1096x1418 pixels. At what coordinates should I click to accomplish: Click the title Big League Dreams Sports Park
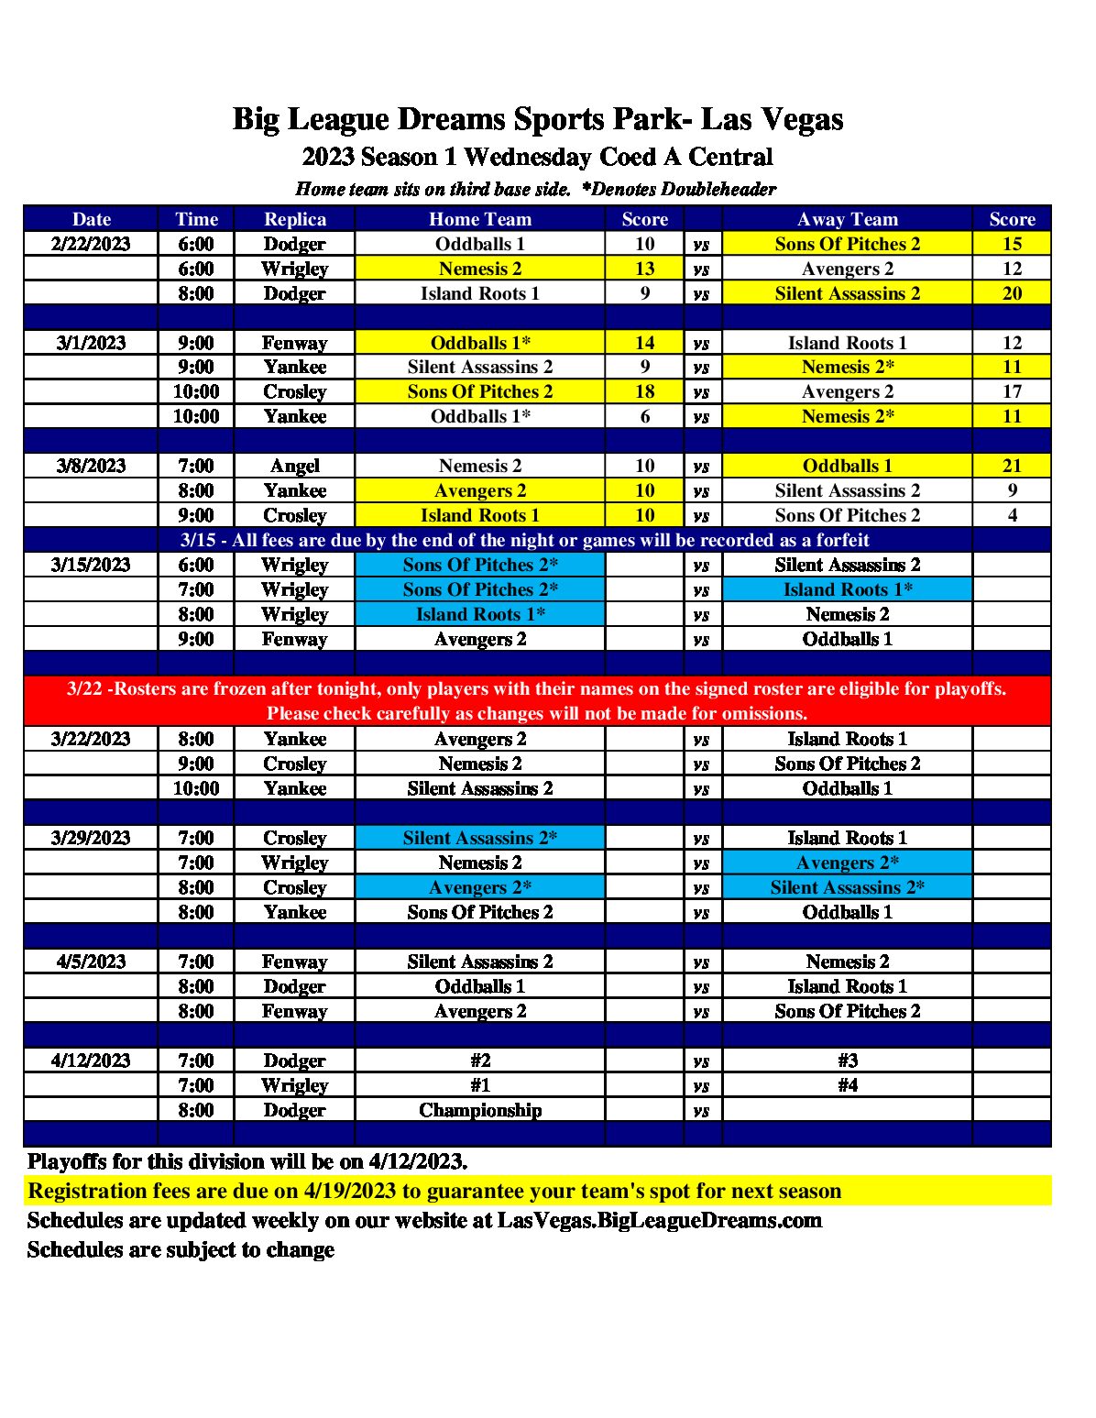pos(537,119)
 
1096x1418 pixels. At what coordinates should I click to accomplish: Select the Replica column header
pos(294,219)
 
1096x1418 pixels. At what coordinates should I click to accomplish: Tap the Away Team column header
pos(847,219)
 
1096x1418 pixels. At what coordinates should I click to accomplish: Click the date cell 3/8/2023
pos(91,466)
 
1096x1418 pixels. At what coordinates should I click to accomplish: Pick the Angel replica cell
pos(294,466)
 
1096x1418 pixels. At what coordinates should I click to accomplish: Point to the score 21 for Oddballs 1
pos(1012,466)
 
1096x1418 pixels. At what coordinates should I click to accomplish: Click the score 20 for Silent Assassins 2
pos(1012,293)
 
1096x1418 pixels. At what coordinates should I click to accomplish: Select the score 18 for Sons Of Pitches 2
pos(644,391)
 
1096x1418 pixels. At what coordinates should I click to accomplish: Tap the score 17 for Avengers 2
pos(1012,391)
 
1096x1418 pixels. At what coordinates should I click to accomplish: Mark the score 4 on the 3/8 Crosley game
pos(1012,515)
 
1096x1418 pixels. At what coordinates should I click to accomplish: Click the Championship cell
pos(480,1110)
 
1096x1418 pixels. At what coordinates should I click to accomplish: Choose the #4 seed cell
pos(847,1085)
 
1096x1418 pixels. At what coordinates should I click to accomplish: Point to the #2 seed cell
pos(480,1061)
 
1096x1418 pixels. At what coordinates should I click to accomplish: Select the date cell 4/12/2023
pos(91,1061)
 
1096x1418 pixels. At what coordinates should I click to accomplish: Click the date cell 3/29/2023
pos(91,838)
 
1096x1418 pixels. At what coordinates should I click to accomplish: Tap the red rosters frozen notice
pos(537,701)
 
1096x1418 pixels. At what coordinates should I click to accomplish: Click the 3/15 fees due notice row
pos(524,540)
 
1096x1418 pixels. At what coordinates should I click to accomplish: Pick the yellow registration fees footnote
pos(434,1191)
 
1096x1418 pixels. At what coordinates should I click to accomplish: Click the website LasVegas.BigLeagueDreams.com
pos(659,1220)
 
